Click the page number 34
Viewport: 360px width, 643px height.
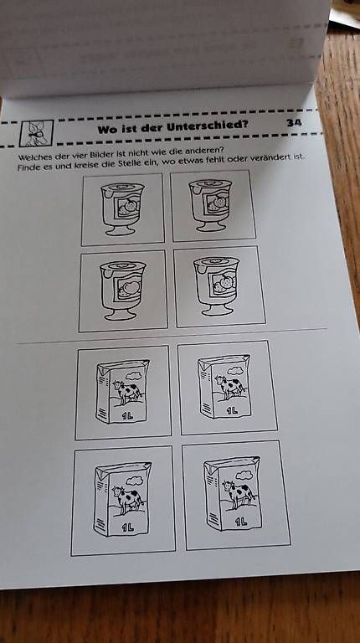[x=294, y=122]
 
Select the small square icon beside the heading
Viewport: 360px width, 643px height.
[x=37, y=133]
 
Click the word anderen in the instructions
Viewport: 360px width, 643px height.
[x=205, y=150]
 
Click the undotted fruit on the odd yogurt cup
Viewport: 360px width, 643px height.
[x=131, y=287]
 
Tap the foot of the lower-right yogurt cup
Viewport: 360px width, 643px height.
[x=218, y=310]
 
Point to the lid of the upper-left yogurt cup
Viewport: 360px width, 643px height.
[x=122, y=188]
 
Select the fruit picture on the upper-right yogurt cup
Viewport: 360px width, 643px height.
[x=218, y=203]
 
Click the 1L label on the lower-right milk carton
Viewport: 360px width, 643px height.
[x=241, y=522]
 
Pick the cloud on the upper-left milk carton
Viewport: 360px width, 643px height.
[x=134, y=376]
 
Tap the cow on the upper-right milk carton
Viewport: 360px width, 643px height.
[x=230, y=386]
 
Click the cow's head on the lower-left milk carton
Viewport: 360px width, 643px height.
[x=118, y=491]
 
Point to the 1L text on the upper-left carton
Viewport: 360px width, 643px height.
[x=127, y=416]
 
